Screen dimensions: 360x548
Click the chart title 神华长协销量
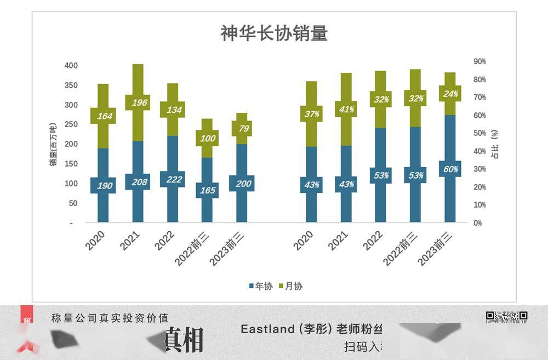[274, 33]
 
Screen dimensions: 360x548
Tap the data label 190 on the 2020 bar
[105, 186]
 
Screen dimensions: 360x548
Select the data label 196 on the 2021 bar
[138, 102]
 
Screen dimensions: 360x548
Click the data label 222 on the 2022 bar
[174, 179]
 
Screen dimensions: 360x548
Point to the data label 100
[207, 138]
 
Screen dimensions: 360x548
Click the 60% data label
[450, 169]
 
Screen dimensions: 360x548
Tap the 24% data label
[450, 94]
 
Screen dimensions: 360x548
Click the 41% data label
[346, 109]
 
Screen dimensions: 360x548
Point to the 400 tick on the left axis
[71, 66]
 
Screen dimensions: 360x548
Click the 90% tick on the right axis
[480, 62]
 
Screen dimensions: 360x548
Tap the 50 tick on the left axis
[73, 203]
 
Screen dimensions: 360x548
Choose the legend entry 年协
[260, 286]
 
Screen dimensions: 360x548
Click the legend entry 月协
[290, 286]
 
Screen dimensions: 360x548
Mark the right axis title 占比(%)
[495, 144]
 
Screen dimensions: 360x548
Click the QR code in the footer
[506, 316]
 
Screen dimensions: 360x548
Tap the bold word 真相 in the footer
[184, 339]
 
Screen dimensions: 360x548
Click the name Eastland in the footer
[267, 329]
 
